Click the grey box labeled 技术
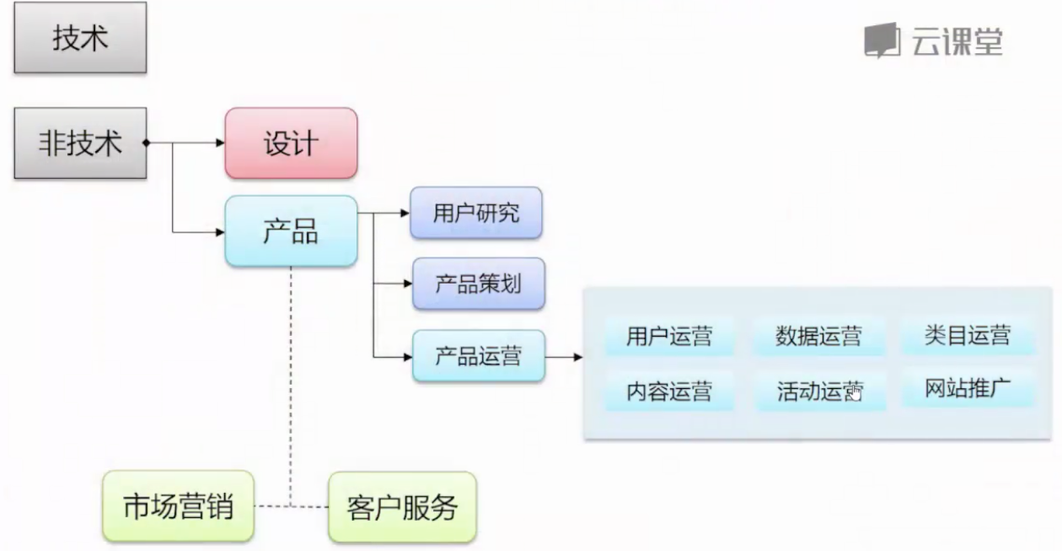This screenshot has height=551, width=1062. click(80, 37)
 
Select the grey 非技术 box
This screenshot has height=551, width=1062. click(80, 143)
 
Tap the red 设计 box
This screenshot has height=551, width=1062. click(291, 143)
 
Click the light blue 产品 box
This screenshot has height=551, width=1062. click(291, 231)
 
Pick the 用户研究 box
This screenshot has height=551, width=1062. click(476, 213)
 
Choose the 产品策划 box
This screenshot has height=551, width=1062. click(479, 284)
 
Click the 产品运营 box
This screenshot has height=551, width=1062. click(479, 356)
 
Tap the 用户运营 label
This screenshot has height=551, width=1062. click(669, 336)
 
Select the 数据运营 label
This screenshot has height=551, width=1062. click(818, 336)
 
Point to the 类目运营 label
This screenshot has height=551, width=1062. click(968, 335)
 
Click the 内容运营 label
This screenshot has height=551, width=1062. click(669, 392)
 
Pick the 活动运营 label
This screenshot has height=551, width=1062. click(819, 392)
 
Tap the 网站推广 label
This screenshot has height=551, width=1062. click(968, 388)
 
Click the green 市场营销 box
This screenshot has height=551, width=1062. click(179, 506)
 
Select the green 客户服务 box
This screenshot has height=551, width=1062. click(402, 507)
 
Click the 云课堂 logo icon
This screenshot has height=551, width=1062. click(882, 41)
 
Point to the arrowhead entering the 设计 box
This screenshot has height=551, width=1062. click(221, 143)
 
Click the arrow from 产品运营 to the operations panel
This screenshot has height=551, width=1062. click(564, 357)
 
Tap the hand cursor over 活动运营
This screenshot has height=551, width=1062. click(855, 393)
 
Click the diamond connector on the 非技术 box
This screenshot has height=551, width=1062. click(147, 143)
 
